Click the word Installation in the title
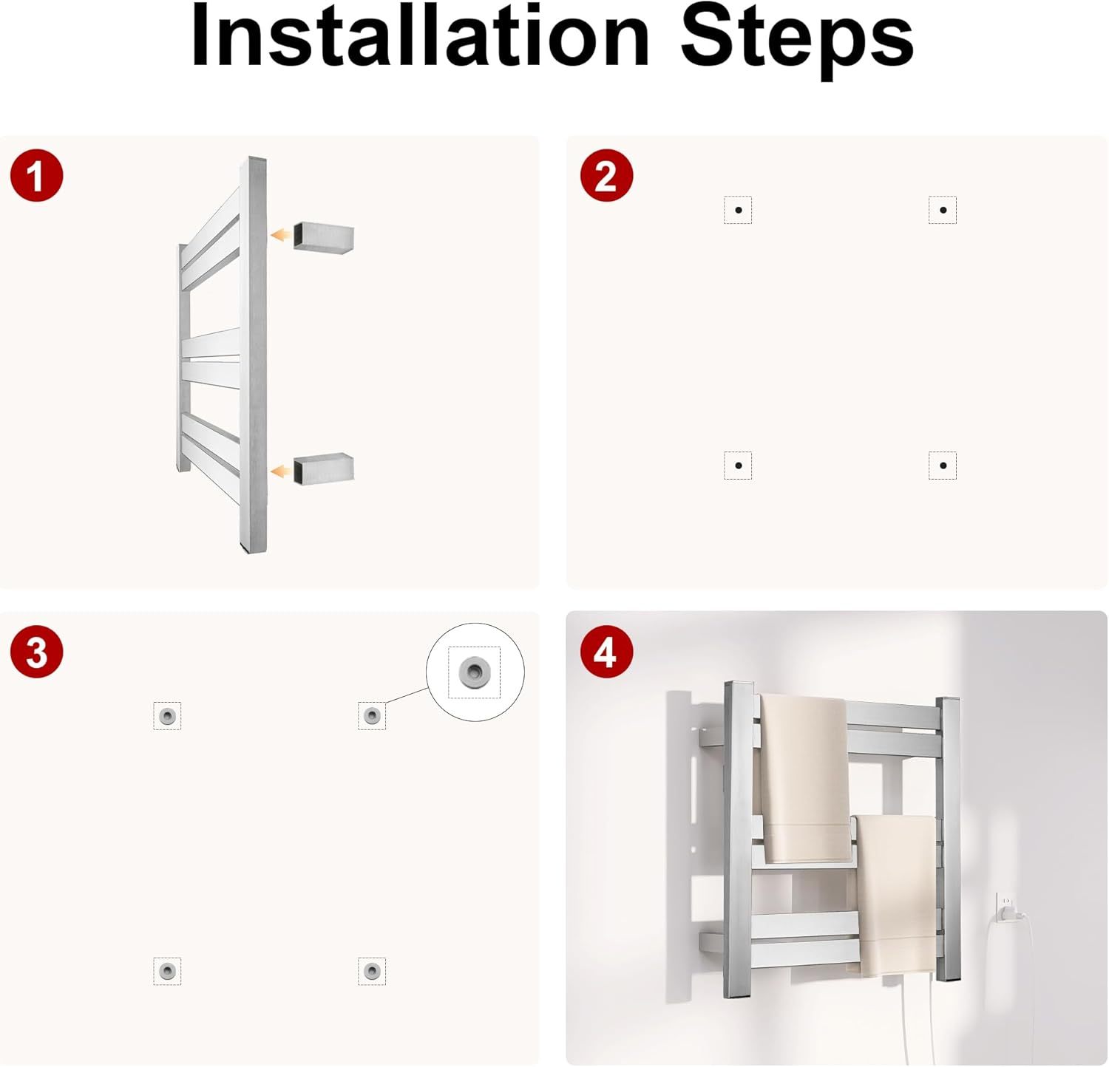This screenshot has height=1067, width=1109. click(419, 35)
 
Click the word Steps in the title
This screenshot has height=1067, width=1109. click(797, 38)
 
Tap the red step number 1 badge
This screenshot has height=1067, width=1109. click(36, 176)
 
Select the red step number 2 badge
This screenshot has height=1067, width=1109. click(606, 176)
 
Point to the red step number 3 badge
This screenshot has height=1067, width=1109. click(36, 652)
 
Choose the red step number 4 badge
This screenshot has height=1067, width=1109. click(606, 652)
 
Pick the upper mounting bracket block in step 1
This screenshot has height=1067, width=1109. click(324, 237)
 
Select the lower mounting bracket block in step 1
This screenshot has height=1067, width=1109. click(324, 468)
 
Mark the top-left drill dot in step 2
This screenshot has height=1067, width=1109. click(738, 210)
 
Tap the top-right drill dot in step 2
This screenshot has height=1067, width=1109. click(943, 210)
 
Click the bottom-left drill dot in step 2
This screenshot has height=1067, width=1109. click(738, 466)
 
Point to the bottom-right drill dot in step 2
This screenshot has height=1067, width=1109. click(943, 466)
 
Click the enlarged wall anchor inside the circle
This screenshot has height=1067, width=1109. click(474, 672)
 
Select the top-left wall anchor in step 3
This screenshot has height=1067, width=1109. click(167, 715)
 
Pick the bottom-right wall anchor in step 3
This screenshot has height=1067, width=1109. click(372, 970)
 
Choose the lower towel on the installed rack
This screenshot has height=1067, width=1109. click(897, 895)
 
